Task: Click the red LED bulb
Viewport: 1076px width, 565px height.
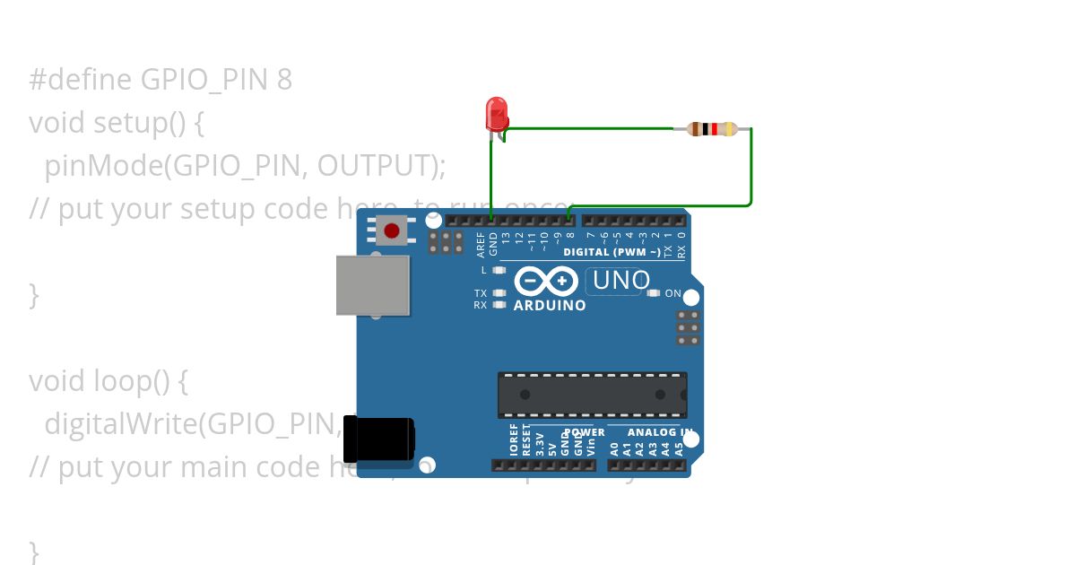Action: (497, 114)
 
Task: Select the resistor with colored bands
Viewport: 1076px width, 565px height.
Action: (712, 129)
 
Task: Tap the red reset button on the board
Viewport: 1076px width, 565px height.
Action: (392, 230)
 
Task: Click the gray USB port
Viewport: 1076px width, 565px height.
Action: (373, 285)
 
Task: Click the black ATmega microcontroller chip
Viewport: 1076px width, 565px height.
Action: (593, 395)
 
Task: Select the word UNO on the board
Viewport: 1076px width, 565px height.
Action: (620, 281)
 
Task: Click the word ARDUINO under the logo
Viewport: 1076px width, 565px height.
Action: (550, 306)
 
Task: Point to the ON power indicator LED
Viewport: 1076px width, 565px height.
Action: (654, 293)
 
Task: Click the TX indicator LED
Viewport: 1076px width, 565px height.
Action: (499, 293)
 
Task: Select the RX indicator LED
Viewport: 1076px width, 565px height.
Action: (499, 305)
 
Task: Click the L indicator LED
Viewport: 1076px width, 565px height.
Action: (499, 270)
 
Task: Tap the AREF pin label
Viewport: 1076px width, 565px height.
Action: (482, 245)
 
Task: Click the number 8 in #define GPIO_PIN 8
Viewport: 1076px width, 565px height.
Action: (284, 80)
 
